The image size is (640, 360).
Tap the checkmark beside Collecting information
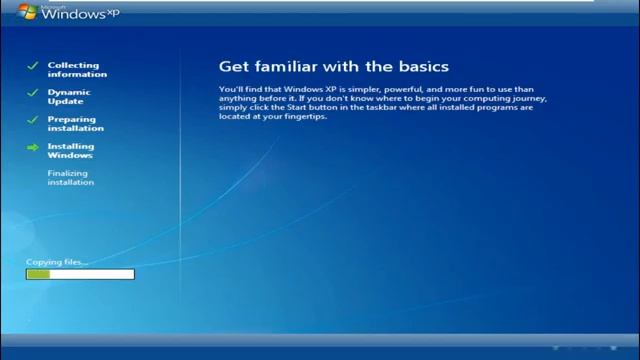click(32, 66)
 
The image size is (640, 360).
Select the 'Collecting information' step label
click(77, 70)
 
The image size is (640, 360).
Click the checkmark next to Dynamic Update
click(32, 93)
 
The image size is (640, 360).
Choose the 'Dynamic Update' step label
click(70, 97)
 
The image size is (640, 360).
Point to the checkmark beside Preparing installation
click(32, 120)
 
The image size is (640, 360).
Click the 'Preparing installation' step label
click(76, 124)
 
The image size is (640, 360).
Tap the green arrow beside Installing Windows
click(32, 148)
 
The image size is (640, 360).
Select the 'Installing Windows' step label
click(70, 151)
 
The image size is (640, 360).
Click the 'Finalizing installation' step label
click(70, 178)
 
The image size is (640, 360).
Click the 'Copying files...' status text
click(56, 262)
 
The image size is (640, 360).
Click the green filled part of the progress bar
click(38, 273)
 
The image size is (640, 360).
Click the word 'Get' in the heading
click(231, 67)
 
